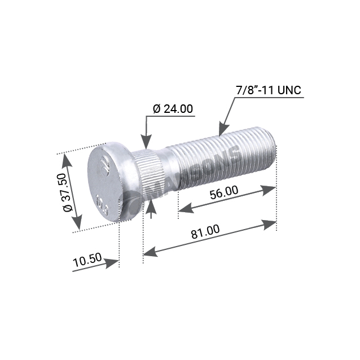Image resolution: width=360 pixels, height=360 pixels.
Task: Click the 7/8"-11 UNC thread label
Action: (x=268, y=90)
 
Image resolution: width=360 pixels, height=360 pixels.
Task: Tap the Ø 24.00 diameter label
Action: (x=173, y=109)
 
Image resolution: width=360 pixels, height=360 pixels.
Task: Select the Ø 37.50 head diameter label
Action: (x=68, y=192)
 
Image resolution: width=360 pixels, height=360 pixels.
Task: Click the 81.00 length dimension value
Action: (x=205, y=231)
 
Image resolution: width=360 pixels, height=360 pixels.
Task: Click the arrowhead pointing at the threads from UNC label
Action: (x=223, y=129)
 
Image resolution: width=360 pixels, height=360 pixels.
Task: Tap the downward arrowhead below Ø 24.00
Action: (x=146, y=142)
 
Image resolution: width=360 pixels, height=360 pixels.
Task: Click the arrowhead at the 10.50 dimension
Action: (x=112, y=263)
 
